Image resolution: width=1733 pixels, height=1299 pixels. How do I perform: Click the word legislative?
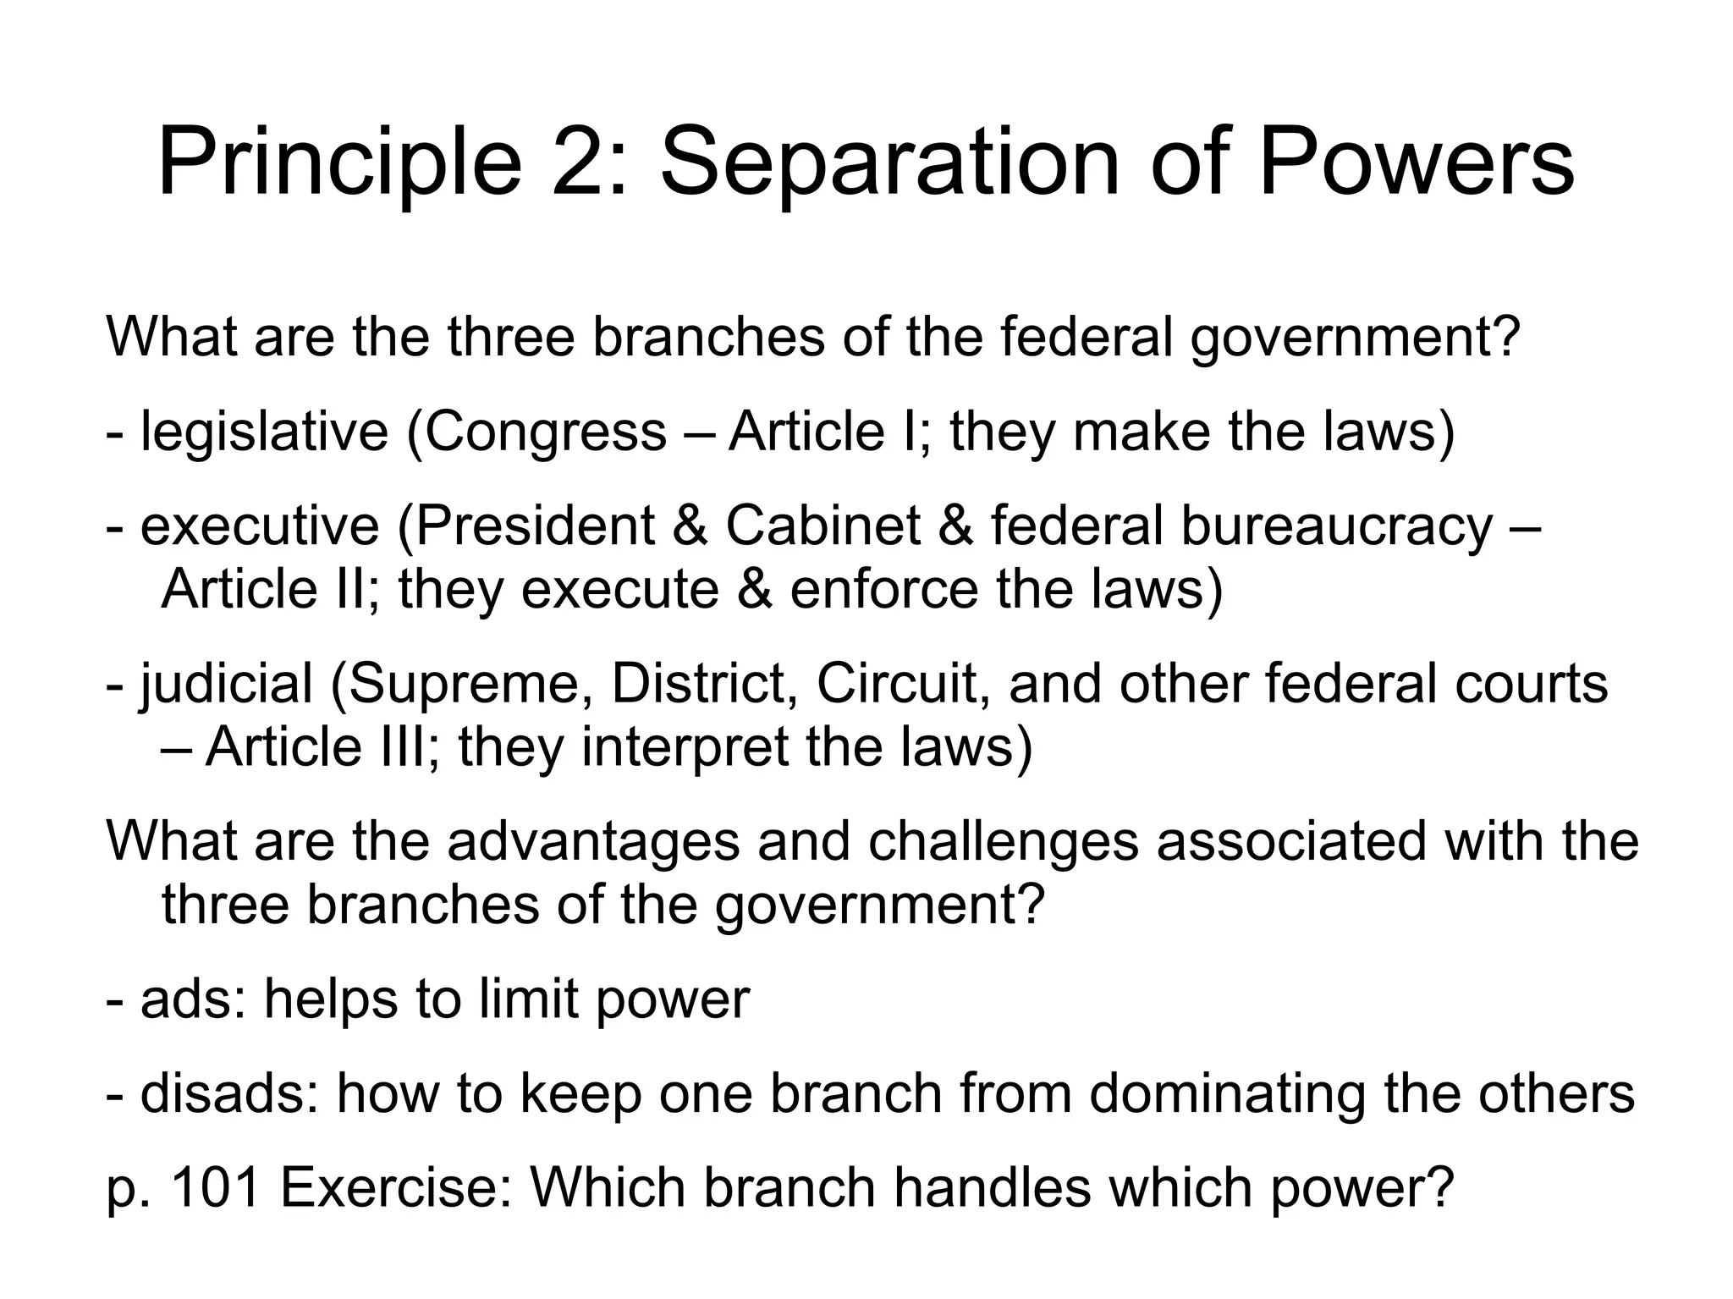[263, 432]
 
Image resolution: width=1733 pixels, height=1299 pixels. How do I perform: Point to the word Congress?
[546, 432]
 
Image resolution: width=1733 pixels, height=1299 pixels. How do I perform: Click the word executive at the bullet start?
[259, 526]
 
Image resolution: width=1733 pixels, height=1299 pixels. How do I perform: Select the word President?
[533, 526]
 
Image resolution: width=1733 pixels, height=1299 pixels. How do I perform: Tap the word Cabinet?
[822, 526]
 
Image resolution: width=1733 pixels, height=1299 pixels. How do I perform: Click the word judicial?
[226, 684]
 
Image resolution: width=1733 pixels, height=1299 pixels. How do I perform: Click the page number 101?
[214, 1188]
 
